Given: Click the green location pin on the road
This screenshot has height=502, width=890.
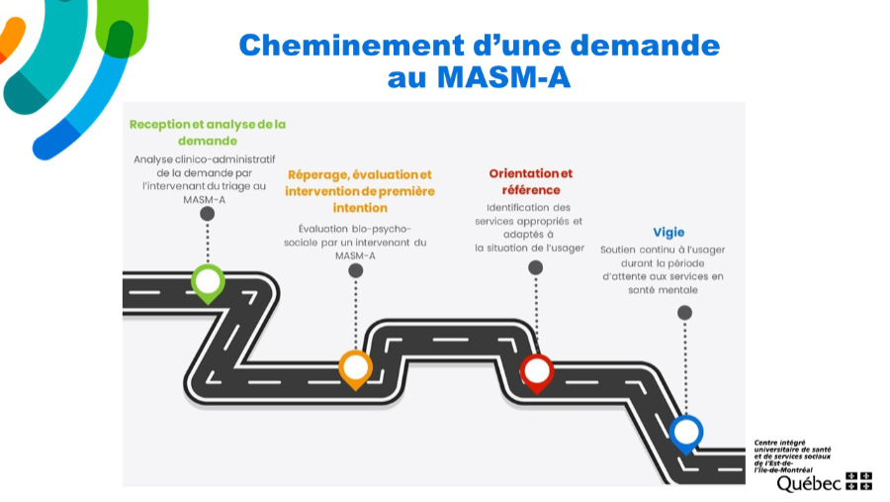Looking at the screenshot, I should [x=208, y=282].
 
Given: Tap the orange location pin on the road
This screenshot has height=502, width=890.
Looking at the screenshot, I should [x=356, y=367].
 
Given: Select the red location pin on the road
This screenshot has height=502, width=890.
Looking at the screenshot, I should [x=537, y=371].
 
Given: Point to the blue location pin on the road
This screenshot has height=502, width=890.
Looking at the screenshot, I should [x=686, y=433].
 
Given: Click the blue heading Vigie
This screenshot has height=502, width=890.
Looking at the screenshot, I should [x=668, y=232].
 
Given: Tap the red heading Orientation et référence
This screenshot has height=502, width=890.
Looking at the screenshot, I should [x=530, y=181].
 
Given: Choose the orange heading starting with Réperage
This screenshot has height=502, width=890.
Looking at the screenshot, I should [x=360, y=191].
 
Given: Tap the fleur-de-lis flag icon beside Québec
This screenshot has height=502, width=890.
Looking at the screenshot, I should [x=858, y=481].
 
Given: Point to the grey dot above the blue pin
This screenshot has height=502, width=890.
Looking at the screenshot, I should [x=684, y=312].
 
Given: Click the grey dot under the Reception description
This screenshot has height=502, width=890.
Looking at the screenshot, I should [x=208, y=213].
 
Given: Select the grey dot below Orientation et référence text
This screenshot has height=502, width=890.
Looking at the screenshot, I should [x=536, y=267].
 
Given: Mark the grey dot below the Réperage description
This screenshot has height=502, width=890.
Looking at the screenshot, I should [x=356, y=270].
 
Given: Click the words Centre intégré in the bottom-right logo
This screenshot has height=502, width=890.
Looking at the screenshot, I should [x=780, y=442].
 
